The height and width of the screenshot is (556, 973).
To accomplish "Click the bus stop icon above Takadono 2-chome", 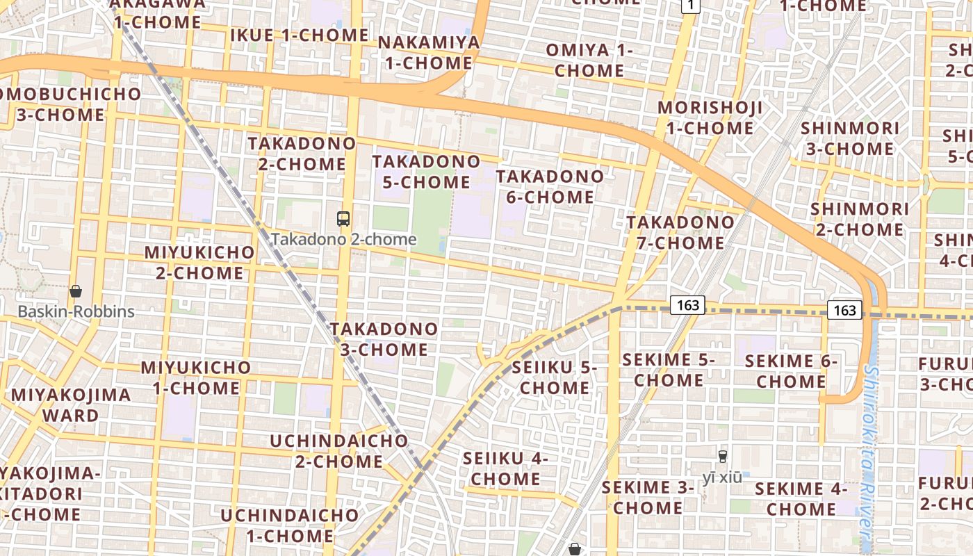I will pos(343,219).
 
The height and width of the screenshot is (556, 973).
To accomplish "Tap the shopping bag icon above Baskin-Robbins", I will pos(76,291).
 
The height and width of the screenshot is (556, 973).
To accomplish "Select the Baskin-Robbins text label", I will pos(76,311).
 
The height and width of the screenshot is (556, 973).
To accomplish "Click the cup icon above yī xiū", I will pos(723,457).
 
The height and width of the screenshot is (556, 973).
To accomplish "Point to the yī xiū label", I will pos(722,477).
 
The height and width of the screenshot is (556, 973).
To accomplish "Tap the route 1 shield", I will pos(689,6).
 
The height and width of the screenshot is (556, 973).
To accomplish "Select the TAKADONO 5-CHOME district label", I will pos(426,172).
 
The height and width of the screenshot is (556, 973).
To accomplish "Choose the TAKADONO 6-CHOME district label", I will pos(550,187).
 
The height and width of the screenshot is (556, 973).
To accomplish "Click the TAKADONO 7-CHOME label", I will pos(680,233).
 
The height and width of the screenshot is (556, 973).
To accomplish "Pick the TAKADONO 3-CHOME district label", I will pos(384,339).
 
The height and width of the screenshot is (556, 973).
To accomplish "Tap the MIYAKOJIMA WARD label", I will pos(71,405).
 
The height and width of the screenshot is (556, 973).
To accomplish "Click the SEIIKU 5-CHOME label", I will pos(555,377).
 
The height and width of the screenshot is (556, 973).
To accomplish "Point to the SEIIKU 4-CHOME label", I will pos(505,468).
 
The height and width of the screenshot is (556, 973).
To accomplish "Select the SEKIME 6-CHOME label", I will pos(791,371).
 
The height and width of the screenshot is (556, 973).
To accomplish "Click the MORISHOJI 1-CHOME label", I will pos(710,118).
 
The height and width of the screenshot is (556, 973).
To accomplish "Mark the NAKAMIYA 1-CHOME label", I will pos(429,53).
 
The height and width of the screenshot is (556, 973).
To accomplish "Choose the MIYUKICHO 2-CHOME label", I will pos(199,262).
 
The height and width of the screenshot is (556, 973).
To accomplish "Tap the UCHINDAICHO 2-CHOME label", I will pos(339,451).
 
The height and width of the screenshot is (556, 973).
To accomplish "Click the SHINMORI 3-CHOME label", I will pos(850,139).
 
